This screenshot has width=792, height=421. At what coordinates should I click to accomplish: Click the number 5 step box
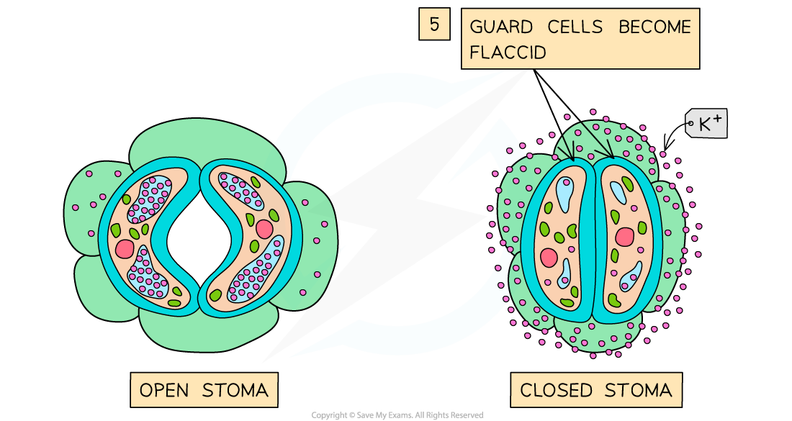[x=434, y=24]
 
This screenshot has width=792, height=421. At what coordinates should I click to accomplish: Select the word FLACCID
[x=508, y=53]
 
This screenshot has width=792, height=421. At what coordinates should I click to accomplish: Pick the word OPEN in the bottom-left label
[x=165, y=391]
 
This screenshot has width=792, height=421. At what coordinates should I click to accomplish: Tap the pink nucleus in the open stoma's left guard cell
[x=125, y=249]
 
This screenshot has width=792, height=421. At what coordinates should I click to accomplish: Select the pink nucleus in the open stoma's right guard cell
[x=264, y=229]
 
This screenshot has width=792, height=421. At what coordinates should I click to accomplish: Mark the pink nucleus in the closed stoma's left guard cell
[x=549, y=258]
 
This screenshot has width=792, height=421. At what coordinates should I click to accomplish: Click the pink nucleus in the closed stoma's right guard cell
[x=624, y=237]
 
